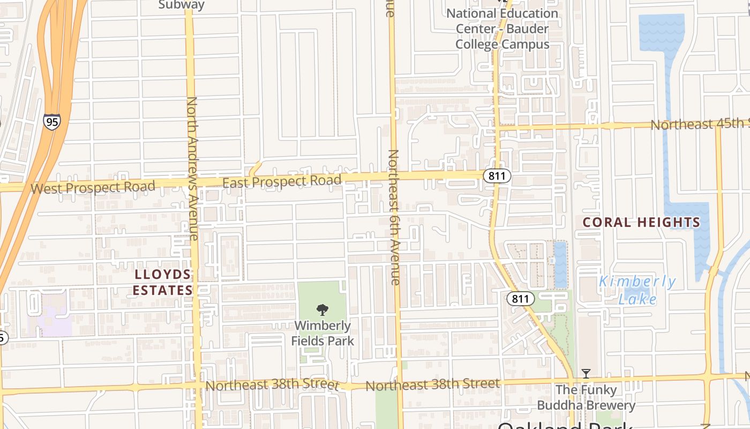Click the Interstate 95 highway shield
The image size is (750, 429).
(x=52, y=122)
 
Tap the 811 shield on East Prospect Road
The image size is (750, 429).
(x=497, y=176)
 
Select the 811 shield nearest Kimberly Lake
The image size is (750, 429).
(x=520, y=299)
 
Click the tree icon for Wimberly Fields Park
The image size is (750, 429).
(x=322, y=309)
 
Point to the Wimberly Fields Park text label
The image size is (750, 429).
(x=322, y=333)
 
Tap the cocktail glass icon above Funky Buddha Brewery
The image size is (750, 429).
(x=586, y=373)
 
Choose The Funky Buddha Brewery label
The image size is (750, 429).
(x=586, y=397)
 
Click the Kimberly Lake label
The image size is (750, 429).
(x=637, y=290)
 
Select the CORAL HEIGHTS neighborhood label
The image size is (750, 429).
(x=641, y=222)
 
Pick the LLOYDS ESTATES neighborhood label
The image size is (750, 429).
(x=162, y=283)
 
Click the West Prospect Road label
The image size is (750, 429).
(x=93, y=188)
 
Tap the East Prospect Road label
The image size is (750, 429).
(x=282, y=182)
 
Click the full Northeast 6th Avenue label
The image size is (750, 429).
(x=394, y=217)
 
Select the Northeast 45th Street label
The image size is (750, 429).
(x=699, y=124)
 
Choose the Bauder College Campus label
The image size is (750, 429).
(x=502, y=29)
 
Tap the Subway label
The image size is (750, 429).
(x=182, y=5)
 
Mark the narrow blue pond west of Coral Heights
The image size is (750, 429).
(x=560, y=265)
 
